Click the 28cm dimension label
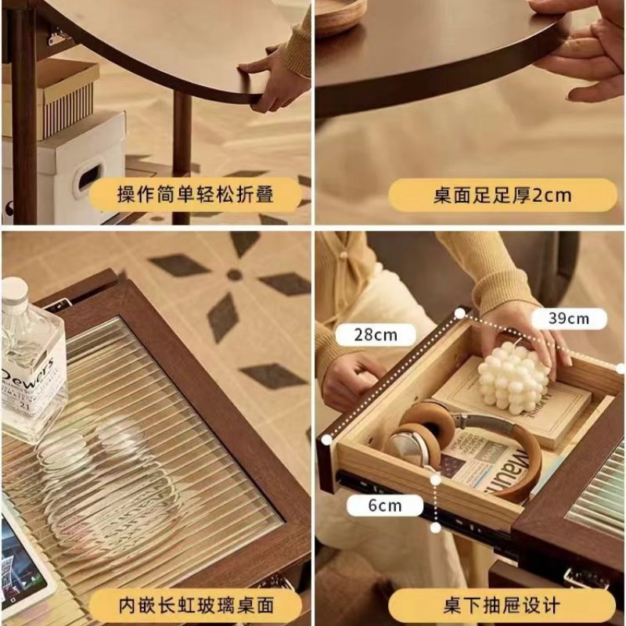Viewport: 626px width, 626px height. pos(376,335)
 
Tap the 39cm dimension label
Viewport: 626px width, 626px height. pos(568,318)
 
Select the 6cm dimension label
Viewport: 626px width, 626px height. pos(385,505)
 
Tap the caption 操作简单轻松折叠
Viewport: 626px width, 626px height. pos(196,195)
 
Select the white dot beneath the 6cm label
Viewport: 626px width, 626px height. pos(435,527)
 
